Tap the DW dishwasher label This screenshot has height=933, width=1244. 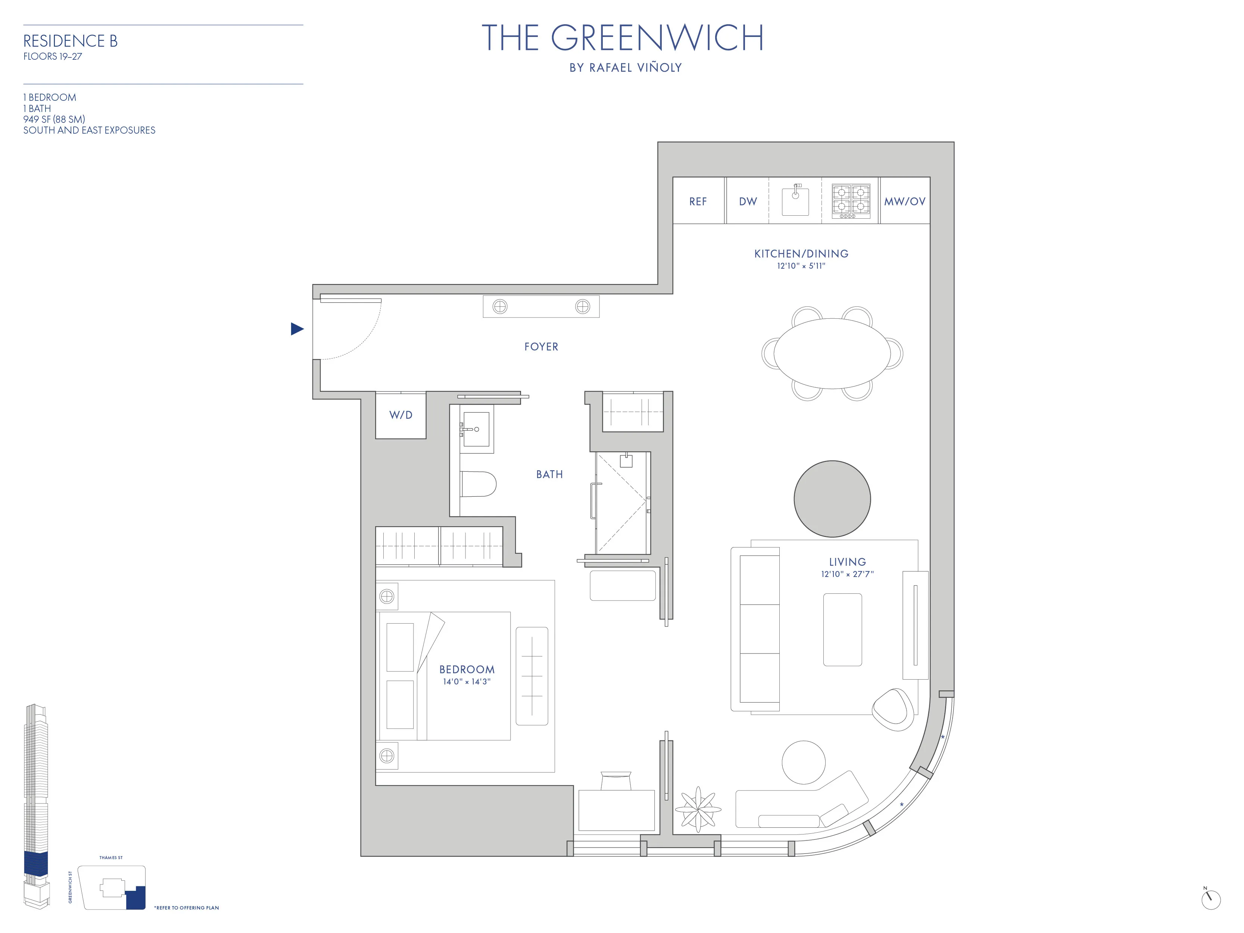pos(748,201)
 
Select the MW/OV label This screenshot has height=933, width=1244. pos(904,201)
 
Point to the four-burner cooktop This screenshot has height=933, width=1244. pos(851,200)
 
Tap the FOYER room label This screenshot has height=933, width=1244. pos(541,347)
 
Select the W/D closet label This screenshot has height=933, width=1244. pos(400,415)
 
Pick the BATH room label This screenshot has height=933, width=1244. pos(549,475)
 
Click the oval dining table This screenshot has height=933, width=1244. pos(832,353)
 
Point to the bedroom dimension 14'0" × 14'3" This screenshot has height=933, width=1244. pos(467,681)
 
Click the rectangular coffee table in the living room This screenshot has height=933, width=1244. pos(842,629)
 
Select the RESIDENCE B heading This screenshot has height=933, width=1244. pos(70,41)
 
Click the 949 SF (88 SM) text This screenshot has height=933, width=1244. pos(54,119)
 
